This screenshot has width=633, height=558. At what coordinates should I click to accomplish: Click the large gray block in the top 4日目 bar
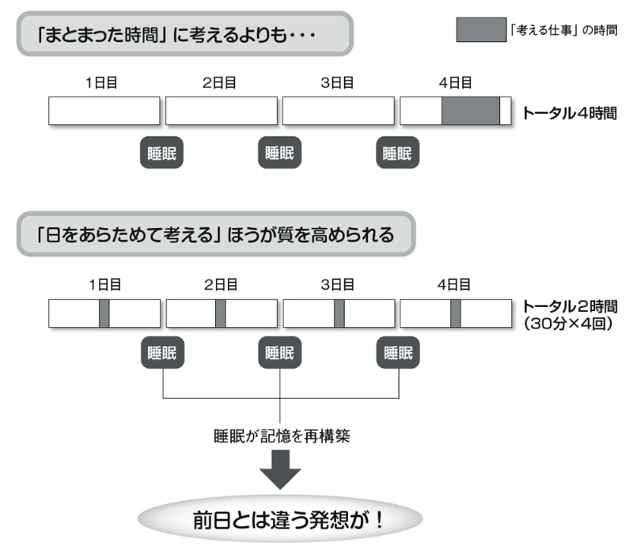[x=470, y=111]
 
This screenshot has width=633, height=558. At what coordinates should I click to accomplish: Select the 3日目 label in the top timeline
[x=338, y=82]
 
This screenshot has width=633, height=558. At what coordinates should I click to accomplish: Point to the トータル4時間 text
[x=568, y=112]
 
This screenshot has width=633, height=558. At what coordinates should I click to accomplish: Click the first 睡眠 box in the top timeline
[x=161, y=154]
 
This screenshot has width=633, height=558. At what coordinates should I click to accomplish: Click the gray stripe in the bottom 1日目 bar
[x=104, y=313]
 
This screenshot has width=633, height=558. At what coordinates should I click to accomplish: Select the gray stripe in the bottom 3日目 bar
[x=339, y=313]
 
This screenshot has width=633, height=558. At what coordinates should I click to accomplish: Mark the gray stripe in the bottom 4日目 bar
[x=456, y=313]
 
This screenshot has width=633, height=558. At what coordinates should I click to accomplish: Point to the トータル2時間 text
[x=568, y=306]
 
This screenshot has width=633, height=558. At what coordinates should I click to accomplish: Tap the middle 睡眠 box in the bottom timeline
[x=280, y=354]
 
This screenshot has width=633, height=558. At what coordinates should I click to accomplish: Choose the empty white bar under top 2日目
[x=221, y=111]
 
